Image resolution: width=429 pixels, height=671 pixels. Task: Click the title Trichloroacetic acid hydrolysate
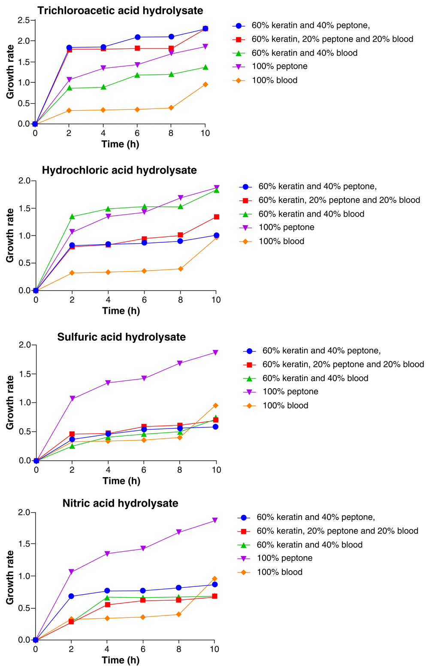pyautogui.click(x=120, y=10)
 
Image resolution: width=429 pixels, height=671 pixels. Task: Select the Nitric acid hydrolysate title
pyautogui.click(x=120, y=503)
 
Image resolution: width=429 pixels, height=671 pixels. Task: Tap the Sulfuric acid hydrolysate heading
pyautogui.click(x=121, y=337)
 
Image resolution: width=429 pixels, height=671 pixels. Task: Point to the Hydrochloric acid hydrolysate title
pyautogui.click(x=119, y=170)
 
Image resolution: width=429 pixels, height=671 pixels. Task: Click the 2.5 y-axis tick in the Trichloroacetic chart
pyautogui.click(x=24, y=20)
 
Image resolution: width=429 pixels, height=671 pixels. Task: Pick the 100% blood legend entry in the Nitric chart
pyautogui.click(x=279, y=572)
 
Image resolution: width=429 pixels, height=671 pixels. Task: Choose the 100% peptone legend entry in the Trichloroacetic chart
pyautogui.click(x=279, y=66)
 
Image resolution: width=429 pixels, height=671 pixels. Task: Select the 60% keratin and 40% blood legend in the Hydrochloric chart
pyautogui.click(x=311, y=214)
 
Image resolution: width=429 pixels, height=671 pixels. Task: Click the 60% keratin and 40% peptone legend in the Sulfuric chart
pyautogui.click(x=321, y=351)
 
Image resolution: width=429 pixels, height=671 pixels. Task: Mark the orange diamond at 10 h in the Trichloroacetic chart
pyautogui.click(x=205, y=85)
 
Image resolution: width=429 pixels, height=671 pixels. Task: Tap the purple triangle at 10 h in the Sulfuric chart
pyautogui.click(x=216, y=353)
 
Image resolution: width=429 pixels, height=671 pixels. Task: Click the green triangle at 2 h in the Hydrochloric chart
pyautogui.click(x=72, y=217)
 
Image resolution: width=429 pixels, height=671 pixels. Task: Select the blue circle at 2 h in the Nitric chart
pyautogui.click(x=71, y=596)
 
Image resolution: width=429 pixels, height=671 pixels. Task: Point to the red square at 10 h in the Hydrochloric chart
pyautogui.click(x=217, y=217)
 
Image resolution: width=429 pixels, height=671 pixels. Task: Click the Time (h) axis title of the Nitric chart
pyautogui.click(x=121, y=660)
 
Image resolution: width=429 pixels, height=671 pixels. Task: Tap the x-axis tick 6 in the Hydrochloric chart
pyautogui.click(x=144, y=299)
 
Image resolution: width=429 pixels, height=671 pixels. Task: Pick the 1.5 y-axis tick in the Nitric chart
pyautogui.click(x=24, y=544)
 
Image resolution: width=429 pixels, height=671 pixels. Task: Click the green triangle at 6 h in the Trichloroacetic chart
pyautogui.click(x=137, y=75)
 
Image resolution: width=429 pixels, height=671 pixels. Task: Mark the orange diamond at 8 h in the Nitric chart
pyautogui.click(x=178, y=614)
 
